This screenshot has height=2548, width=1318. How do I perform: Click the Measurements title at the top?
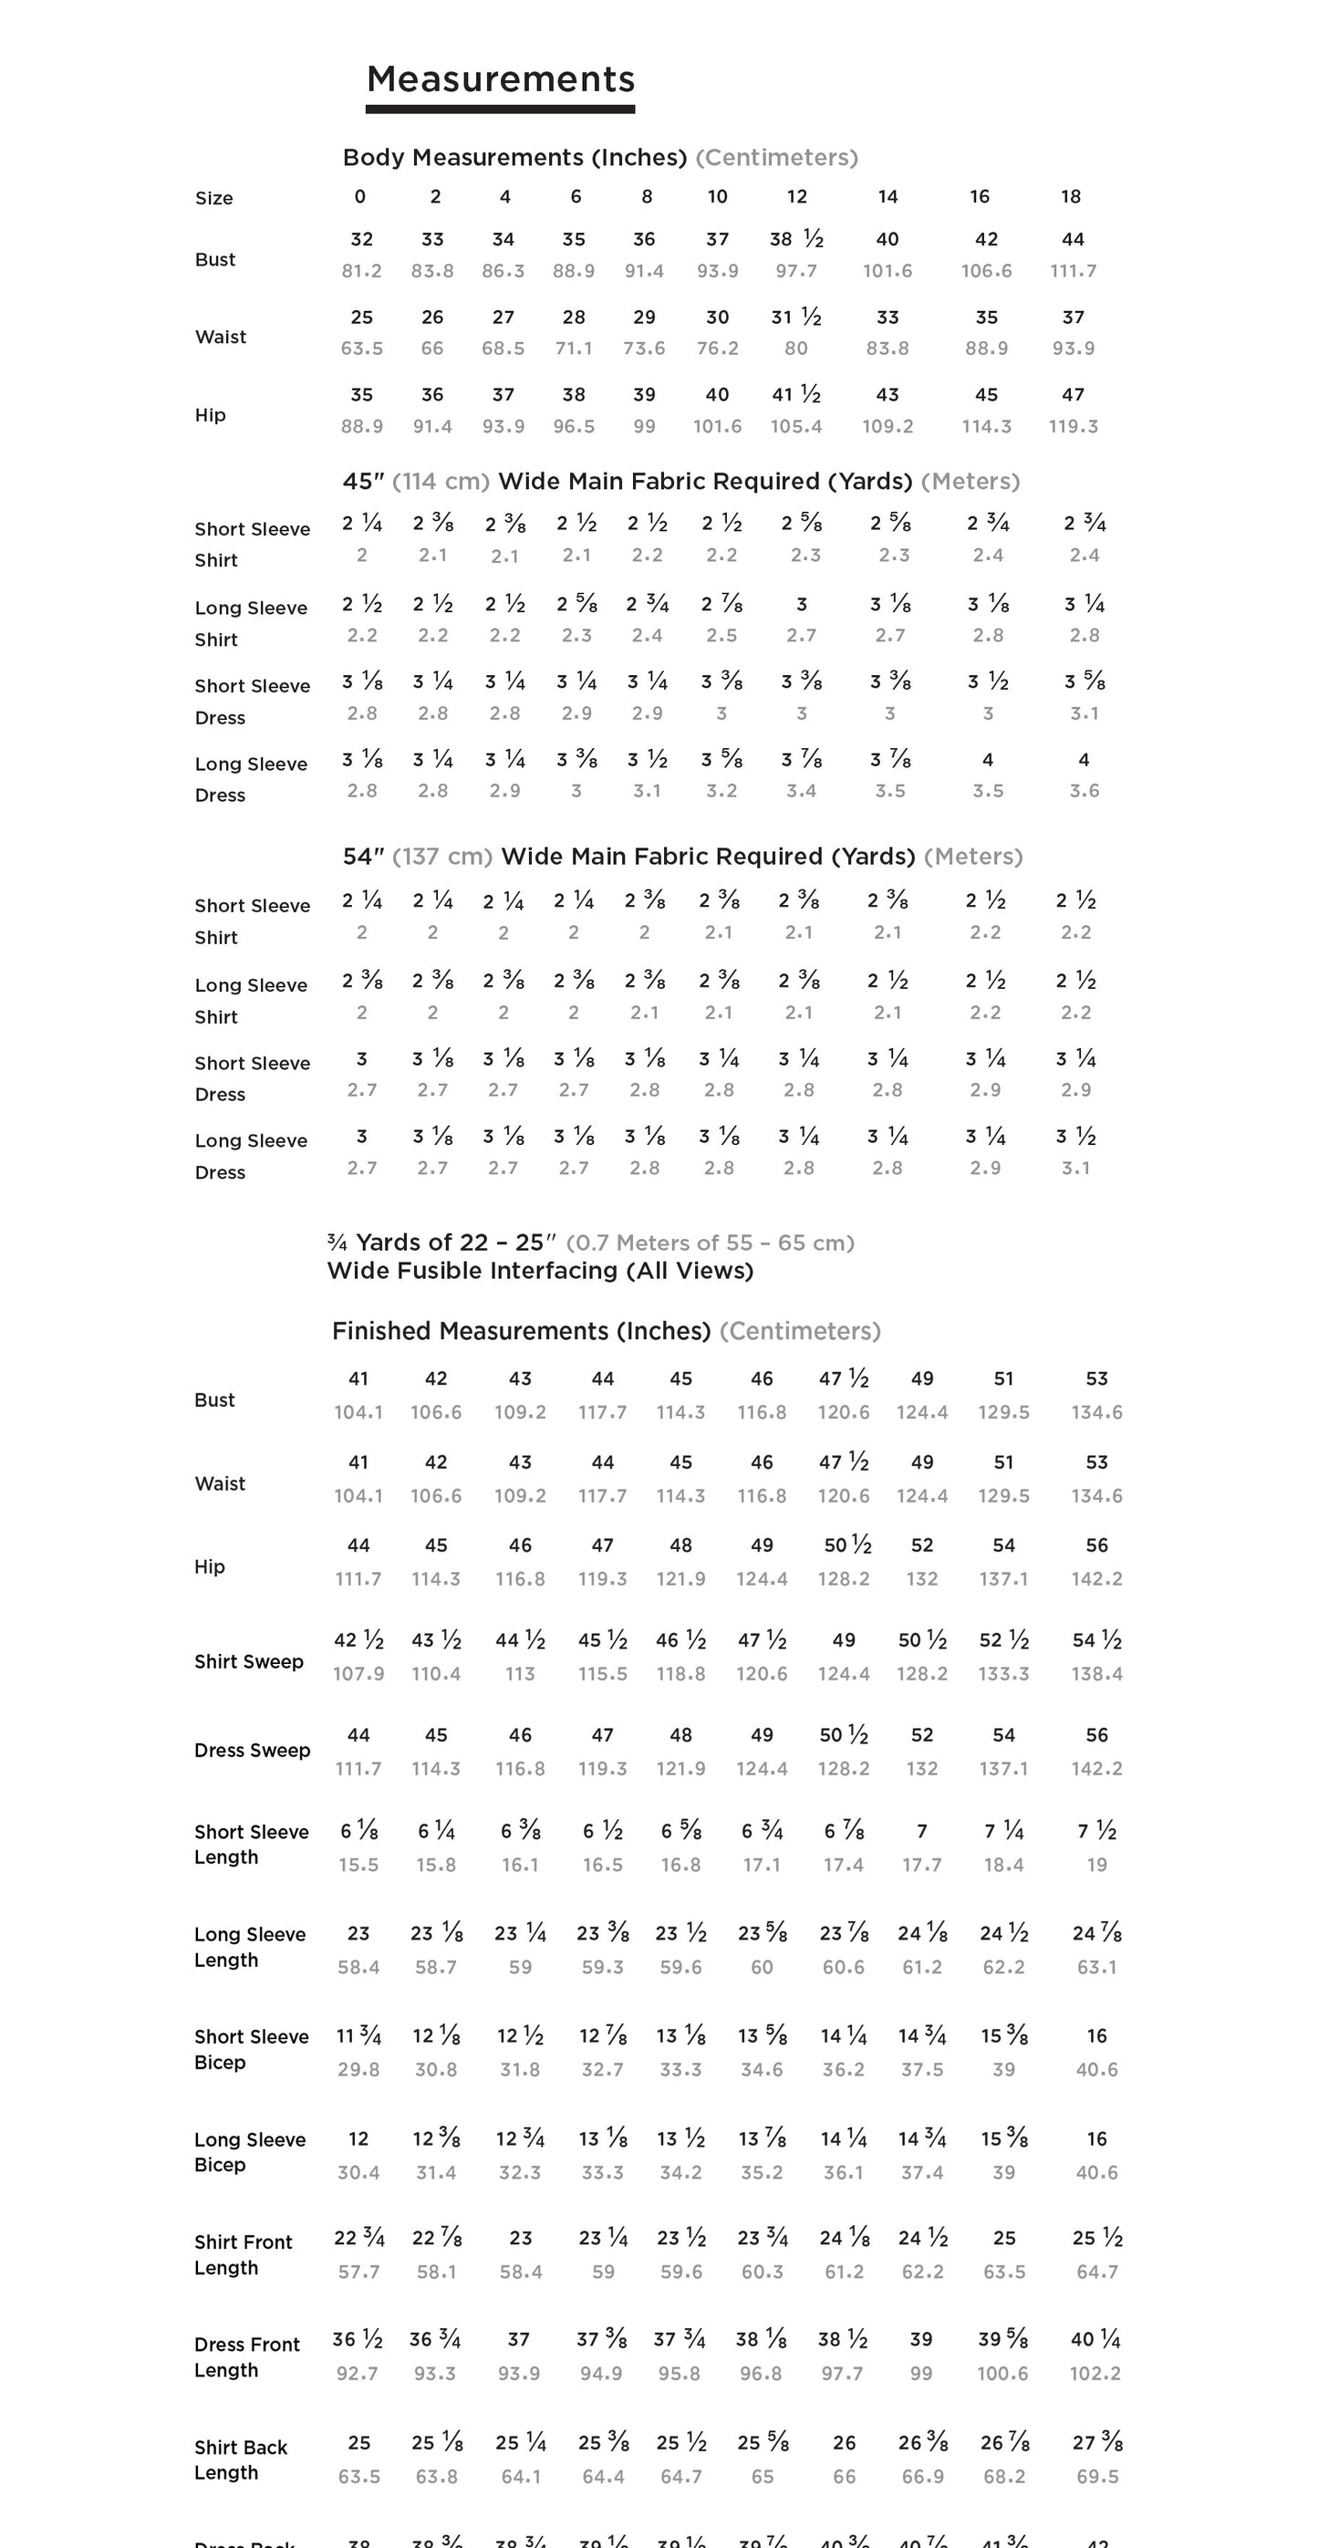click(501, 79)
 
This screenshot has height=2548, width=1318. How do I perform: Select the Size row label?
click(213, 198)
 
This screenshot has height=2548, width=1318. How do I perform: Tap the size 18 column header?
click(1071, 197)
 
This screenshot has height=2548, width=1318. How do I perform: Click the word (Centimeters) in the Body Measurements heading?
click(776, 157)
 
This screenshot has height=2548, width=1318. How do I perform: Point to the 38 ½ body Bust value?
click(796, 239)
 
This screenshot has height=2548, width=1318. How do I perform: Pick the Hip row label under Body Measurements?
click(210, 414)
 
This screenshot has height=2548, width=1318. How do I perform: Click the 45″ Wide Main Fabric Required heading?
click(680, 482)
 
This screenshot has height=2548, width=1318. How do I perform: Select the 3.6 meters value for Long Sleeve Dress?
click(1084, 790)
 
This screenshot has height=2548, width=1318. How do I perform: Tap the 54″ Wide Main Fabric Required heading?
click(682, 857)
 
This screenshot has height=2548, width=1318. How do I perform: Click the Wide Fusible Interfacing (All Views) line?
click(540, 1271)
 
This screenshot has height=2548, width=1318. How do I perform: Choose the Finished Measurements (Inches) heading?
click(521, 1331)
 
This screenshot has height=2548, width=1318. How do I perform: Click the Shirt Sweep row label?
click(248, 1662)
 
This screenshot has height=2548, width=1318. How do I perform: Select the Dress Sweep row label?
click(252, 1750)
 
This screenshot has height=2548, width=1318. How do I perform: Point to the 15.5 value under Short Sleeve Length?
click(358, 1865)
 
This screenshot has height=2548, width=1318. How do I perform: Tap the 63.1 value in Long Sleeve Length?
click(1096, 1968)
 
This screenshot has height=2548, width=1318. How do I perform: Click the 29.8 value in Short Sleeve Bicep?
click(358, 2069)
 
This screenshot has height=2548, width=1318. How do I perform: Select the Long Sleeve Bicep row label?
click(250, 2151)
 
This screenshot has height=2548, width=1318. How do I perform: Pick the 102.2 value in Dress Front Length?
click(1095, 2374)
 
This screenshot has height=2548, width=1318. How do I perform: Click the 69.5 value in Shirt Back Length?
click(1096, 2477)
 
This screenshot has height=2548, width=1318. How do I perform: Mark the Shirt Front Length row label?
click(244, 2254)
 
